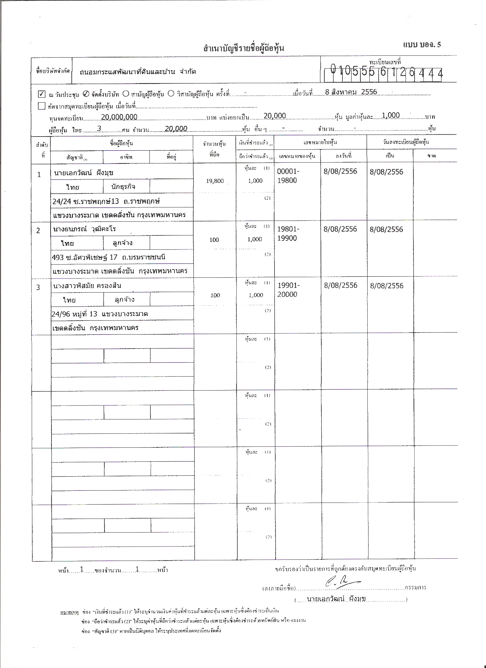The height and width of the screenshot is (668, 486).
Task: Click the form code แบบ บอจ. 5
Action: (422, 45)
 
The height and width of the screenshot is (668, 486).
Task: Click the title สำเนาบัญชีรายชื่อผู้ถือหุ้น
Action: (244, 48)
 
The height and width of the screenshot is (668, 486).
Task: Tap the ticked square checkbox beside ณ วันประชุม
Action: (41, 94)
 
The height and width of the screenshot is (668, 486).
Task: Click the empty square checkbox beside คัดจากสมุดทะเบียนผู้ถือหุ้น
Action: (41, 106)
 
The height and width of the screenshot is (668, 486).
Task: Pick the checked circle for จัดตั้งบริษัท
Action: (86, 94)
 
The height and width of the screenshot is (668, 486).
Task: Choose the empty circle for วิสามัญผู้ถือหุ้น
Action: (171, 94)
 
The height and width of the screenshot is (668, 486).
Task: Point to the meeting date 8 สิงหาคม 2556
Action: (351, 92)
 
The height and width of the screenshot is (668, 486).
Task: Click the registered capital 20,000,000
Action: (119, 117)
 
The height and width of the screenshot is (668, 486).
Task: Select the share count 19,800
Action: (215, 181)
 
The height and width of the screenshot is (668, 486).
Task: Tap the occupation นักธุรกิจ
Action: (123, 187)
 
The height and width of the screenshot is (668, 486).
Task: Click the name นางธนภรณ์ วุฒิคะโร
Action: (85, 229)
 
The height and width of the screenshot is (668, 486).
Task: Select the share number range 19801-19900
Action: (288, 233)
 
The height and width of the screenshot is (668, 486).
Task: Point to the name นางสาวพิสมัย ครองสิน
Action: (87, 285)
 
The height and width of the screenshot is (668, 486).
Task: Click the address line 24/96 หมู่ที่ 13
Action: (74, 314)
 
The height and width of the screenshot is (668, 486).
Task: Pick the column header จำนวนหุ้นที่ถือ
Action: (214, 149)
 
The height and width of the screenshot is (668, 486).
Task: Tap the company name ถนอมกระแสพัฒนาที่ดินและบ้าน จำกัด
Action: (138, 71)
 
